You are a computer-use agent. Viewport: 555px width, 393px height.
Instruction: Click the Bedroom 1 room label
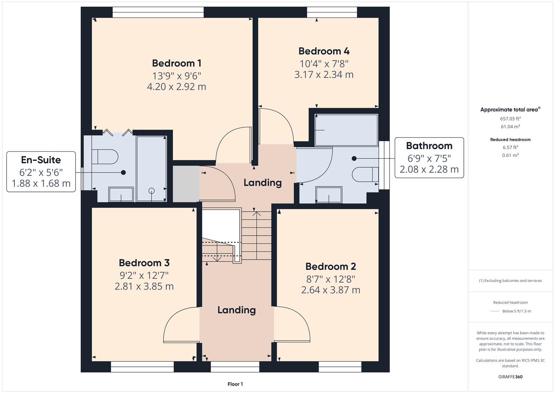tap(176, 63)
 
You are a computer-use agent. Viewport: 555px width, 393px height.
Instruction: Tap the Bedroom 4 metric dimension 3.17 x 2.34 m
tap(323, 75)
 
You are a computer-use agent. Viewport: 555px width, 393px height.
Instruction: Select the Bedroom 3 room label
tap(144, 263)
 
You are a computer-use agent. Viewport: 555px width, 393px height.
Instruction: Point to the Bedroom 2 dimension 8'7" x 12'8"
tap(330, 279)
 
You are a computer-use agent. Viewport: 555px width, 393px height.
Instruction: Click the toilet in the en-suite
tap(105, 157)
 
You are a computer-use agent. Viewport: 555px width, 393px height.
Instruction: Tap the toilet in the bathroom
tap(365, 174)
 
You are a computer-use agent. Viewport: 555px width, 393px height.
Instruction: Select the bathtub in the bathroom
tap(346, 130)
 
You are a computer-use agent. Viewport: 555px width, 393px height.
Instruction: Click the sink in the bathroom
tap(329, 194)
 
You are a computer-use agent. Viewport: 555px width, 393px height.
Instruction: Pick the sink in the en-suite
tap(121, 194)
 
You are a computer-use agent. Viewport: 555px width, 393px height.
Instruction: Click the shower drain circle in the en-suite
tap(152, 191)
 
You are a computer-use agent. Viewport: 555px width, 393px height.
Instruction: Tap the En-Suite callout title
tap(41, 160)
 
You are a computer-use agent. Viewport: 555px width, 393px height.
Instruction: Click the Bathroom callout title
tap(429, 146)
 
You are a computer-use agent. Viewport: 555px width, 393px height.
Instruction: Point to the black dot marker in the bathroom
tap(354, 158)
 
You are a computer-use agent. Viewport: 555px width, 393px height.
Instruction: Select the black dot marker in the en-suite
tap(123, 172)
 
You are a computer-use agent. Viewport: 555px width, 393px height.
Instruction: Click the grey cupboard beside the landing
tap(186, 184)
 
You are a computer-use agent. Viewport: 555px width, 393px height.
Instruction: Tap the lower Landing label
tap(236, 310)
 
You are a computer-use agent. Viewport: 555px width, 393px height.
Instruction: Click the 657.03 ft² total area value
tap(510, 119)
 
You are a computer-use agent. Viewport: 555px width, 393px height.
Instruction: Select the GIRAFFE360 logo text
tap(510, 377)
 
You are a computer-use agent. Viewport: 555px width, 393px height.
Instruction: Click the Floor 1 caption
tap(235, 384)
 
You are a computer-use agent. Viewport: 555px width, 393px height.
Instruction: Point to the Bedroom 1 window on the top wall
tap(158, 13)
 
